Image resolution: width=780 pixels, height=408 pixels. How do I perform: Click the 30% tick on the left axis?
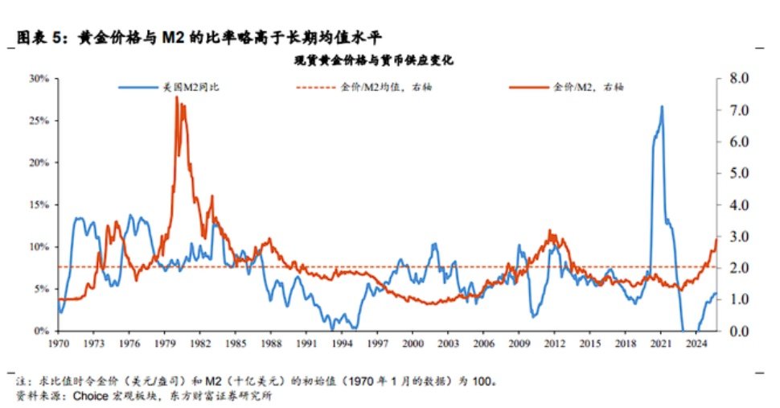pos(38,79)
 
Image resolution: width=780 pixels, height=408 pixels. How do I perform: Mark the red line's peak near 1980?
pos(176,97)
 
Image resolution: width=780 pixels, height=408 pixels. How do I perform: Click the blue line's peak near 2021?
pos(662,106)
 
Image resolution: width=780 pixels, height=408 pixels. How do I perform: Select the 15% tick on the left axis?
pos(38,204)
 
